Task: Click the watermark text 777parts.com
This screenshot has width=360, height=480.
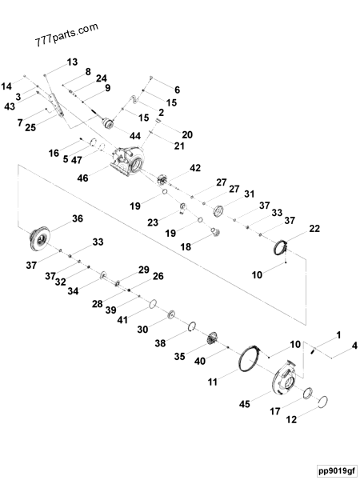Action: (x=67, y=34)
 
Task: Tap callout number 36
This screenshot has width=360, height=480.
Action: (x=77, y=218)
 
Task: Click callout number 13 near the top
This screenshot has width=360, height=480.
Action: (x=73, y=62)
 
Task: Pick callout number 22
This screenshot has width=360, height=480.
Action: (x=314, y=229)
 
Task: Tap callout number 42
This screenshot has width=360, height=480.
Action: (x=194, y=168)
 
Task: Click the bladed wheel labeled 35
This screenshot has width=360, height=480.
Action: (x=213, y=338)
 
